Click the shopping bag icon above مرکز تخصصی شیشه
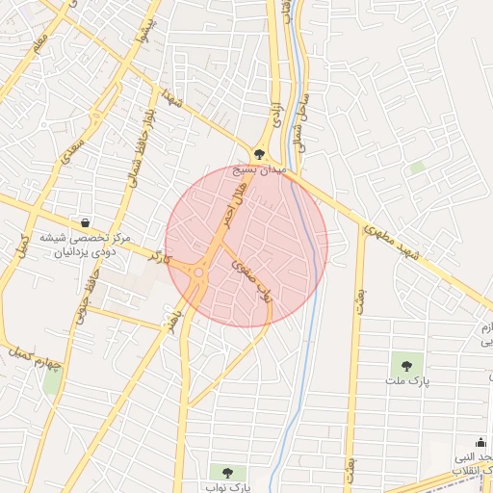coord(87,222)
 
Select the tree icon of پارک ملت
coord(406,365)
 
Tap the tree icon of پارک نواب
coord(227,472)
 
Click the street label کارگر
coord(159,257)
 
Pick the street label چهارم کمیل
coord(39,355)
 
